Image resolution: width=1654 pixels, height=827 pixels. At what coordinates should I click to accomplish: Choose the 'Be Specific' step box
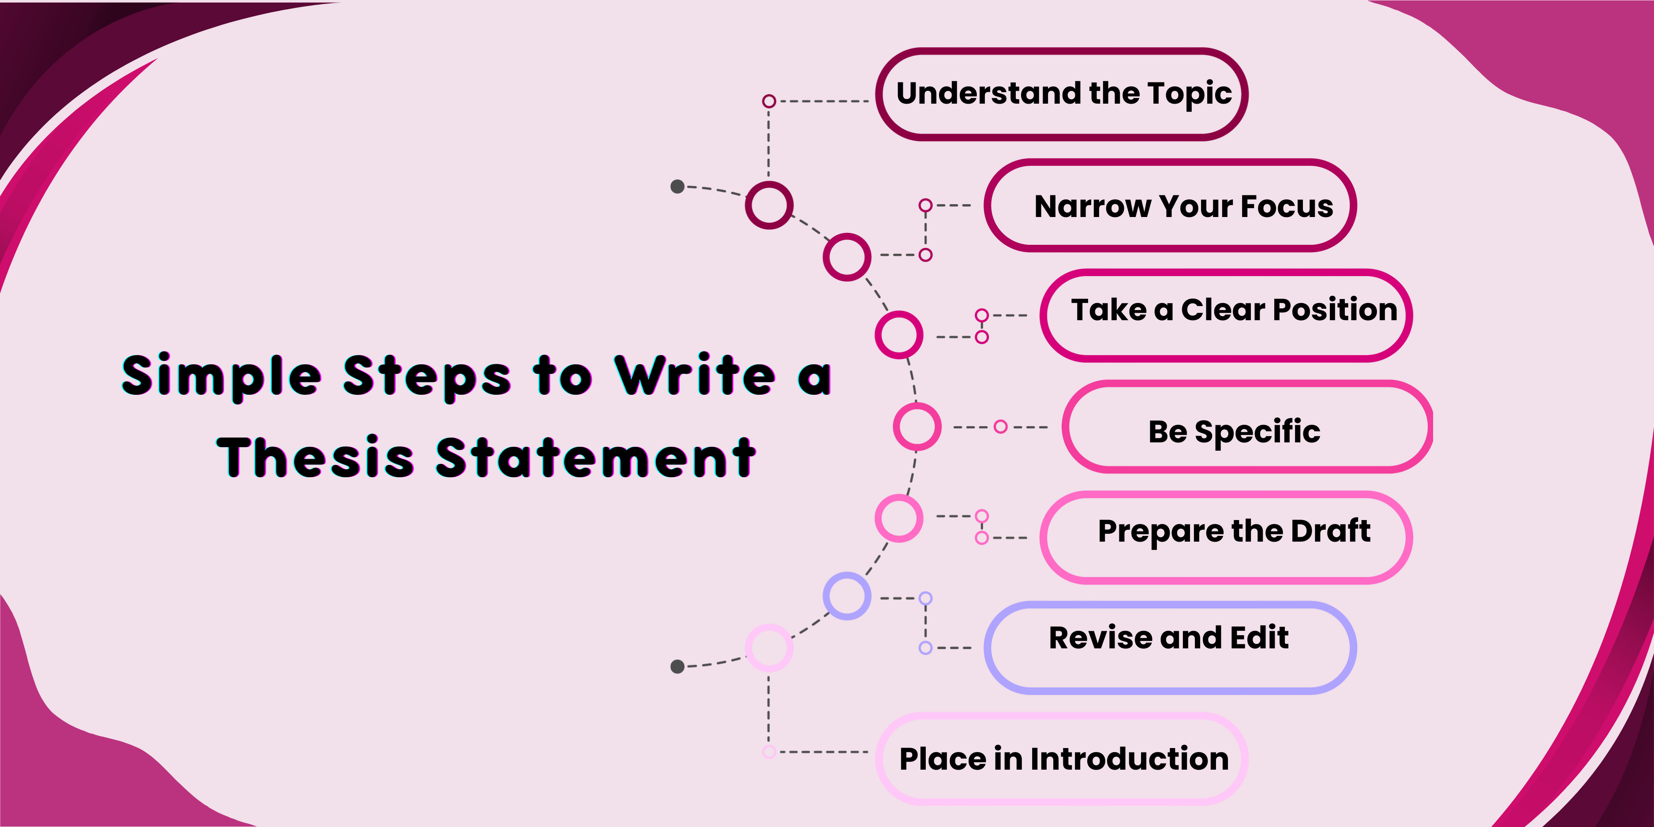[1248, 427]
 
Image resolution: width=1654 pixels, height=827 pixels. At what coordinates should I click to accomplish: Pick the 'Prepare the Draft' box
[1226, 537]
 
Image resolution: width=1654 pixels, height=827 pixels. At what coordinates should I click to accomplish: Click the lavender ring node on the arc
[847, 596]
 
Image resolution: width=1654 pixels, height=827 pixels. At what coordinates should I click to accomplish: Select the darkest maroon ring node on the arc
[769, 205]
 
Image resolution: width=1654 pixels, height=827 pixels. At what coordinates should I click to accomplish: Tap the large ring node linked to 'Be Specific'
[917, 427]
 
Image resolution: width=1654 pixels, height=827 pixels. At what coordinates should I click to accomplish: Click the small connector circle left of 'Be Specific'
[1000, 427]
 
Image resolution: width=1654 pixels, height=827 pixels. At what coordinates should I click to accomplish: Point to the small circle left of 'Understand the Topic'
[769, 101]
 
